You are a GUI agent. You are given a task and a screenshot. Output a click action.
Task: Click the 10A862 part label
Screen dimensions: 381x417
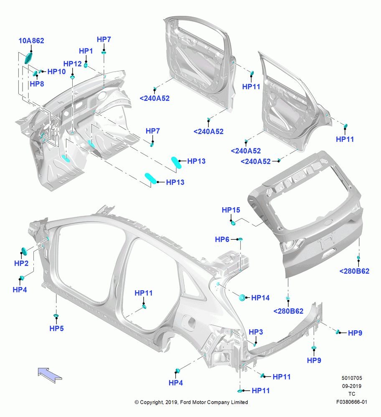tap(31, 41)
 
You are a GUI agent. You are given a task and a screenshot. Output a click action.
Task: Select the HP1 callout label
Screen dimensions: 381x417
tap(86, 51)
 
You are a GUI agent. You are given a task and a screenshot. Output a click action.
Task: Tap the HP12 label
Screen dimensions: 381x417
tap(72, 64)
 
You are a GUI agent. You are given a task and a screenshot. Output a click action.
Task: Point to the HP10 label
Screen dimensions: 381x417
tap(56, 72)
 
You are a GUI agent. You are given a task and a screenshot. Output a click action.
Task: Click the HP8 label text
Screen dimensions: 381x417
tap(37, 84)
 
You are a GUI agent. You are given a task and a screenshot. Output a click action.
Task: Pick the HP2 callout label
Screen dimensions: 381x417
tap(21, 263)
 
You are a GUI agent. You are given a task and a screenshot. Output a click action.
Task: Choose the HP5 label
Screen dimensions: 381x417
tap(56, 329)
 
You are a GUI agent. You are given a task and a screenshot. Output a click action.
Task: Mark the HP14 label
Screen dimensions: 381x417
tap(260, 298)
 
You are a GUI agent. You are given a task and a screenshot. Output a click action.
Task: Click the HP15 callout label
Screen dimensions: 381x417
tap(231, 210)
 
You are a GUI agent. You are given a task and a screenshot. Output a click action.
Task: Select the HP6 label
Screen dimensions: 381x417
tap(222, 240)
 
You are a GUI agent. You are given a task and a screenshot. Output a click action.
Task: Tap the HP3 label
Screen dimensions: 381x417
tap(256, 332)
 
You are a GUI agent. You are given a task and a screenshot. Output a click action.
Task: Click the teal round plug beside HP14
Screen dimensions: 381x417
tap(242, 298)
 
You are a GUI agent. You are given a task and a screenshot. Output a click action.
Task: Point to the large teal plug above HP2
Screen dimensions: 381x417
tap(24, 251)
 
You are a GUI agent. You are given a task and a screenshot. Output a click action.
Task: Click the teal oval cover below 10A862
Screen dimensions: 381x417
tap(28, 58)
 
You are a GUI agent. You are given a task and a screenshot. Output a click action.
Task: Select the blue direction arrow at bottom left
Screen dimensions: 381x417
tap(50, 375)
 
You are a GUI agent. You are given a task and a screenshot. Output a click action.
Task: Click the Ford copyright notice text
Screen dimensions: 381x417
tap(191, 402)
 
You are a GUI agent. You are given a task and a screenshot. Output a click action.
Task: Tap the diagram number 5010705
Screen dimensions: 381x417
tap(352, 378)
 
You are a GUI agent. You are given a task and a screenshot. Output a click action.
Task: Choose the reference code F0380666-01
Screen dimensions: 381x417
tap(352, 402)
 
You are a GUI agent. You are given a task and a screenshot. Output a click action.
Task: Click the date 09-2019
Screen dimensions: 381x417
tap(352, 386)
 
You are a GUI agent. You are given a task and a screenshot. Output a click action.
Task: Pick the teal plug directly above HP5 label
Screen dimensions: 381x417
tap(56, 316)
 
